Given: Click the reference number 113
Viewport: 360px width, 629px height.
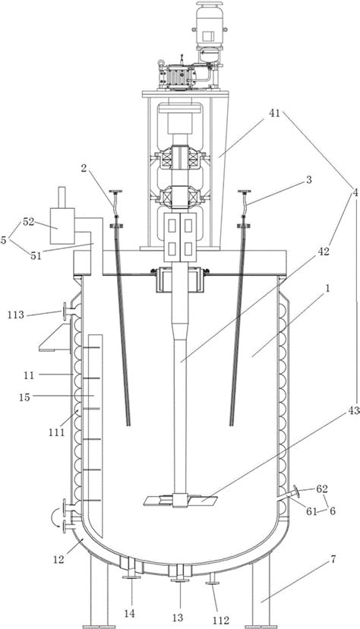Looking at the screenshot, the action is pos(16,315).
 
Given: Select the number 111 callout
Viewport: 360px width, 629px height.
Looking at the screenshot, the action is pos(56,433).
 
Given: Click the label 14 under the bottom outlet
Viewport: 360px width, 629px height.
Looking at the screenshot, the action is pos(129,613).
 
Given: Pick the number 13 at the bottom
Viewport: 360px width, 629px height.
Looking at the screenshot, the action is pos(178,617).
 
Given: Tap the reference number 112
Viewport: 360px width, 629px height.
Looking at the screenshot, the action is pos(220,620).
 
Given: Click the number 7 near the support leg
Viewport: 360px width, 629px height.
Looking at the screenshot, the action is pos(332,559).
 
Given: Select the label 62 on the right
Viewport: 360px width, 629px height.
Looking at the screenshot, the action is pos(321,488).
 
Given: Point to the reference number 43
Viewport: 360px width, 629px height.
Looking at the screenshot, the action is pos(355,411).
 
